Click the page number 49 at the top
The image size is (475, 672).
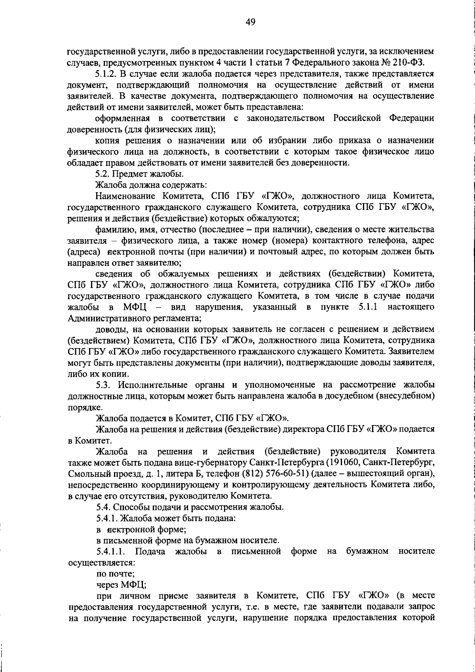(x=250, y=22)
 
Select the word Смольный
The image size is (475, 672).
(x=85, y=473)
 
